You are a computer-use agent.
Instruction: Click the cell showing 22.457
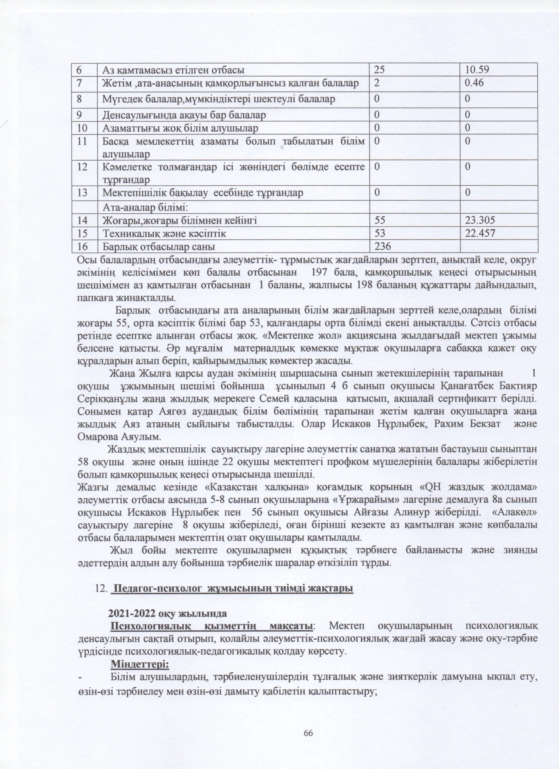pos(480,234)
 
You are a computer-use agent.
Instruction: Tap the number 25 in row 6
pos(380,71)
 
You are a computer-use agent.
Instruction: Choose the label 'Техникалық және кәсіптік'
pos(164,234)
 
